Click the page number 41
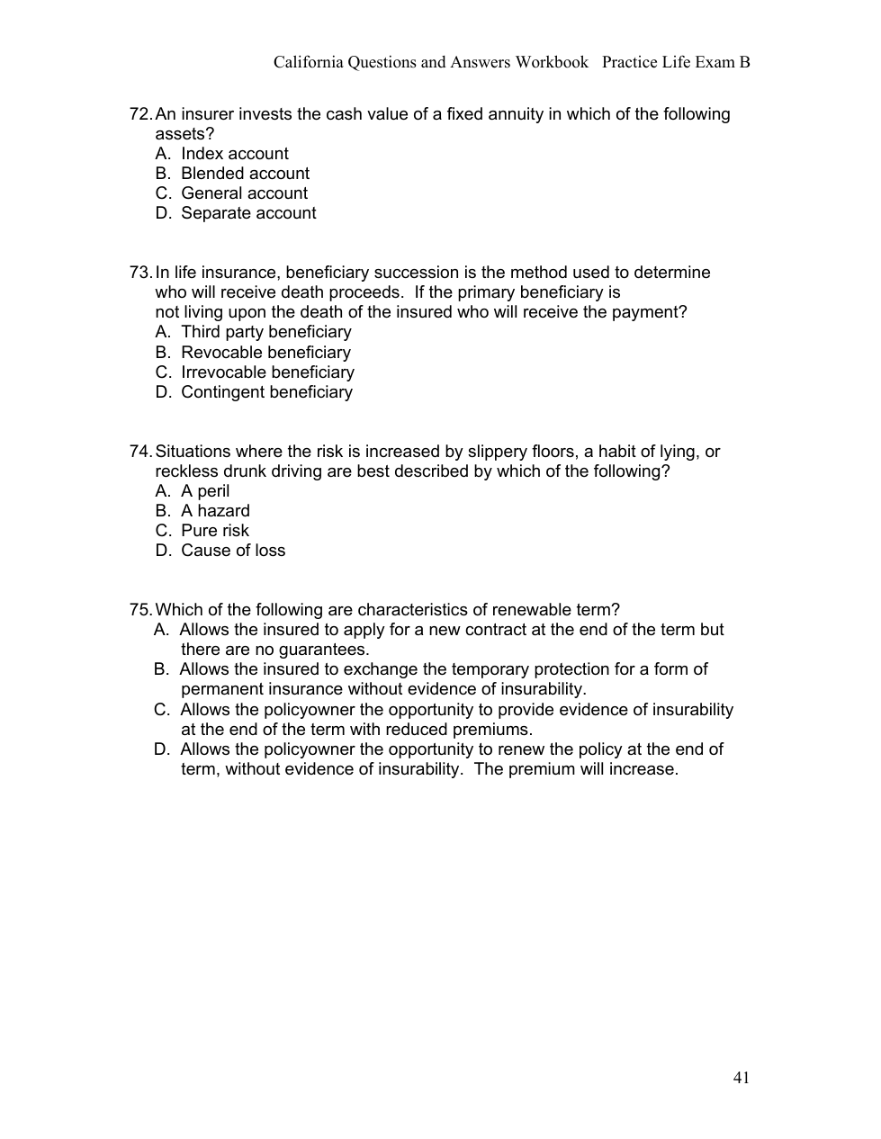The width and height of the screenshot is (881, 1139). click(x=742, y=1078)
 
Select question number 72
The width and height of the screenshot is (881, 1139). click(x=141, y=114)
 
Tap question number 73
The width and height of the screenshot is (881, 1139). click(x=141, y=273)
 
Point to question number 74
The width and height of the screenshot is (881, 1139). click(x=141, y=452)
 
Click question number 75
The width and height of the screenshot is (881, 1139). click(x=141, y=610)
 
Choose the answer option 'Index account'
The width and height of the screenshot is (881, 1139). click(x=234, y=154)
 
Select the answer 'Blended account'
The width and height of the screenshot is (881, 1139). click(x=245, y=174)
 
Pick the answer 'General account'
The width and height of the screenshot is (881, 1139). click(x=244, y=193)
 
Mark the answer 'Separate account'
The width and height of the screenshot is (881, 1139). click(x=248, y=213)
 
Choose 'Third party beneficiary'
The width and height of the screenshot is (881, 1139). click(x=265, y=332)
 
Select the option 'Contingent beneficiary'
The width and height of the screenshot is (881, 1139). click(x=266, y=392)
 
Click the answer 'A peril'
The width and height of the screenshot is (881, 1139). click(x=205, y=491)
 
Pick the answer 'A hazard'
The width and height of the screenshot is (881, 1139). click(x=215, y=511)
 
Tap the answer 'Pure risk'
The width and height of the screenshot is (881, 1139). click(x=214, y=531)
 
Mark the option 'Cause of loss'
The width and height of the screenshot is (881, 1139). click(x=233, y=551)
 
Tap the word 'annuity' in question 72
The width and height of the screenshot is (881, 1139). click(x=517, y=114)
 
